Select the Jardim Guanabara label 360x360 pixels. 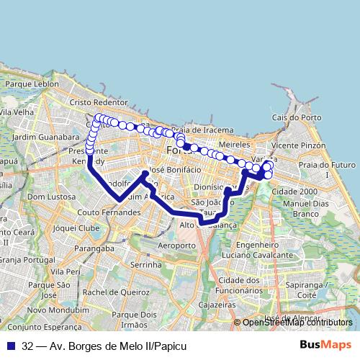[46, 136]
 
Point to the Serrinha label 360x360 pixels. [147, 265]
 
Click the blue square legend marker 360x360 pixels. [12, 346]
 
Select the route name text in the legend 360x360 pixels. [104, 346]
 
